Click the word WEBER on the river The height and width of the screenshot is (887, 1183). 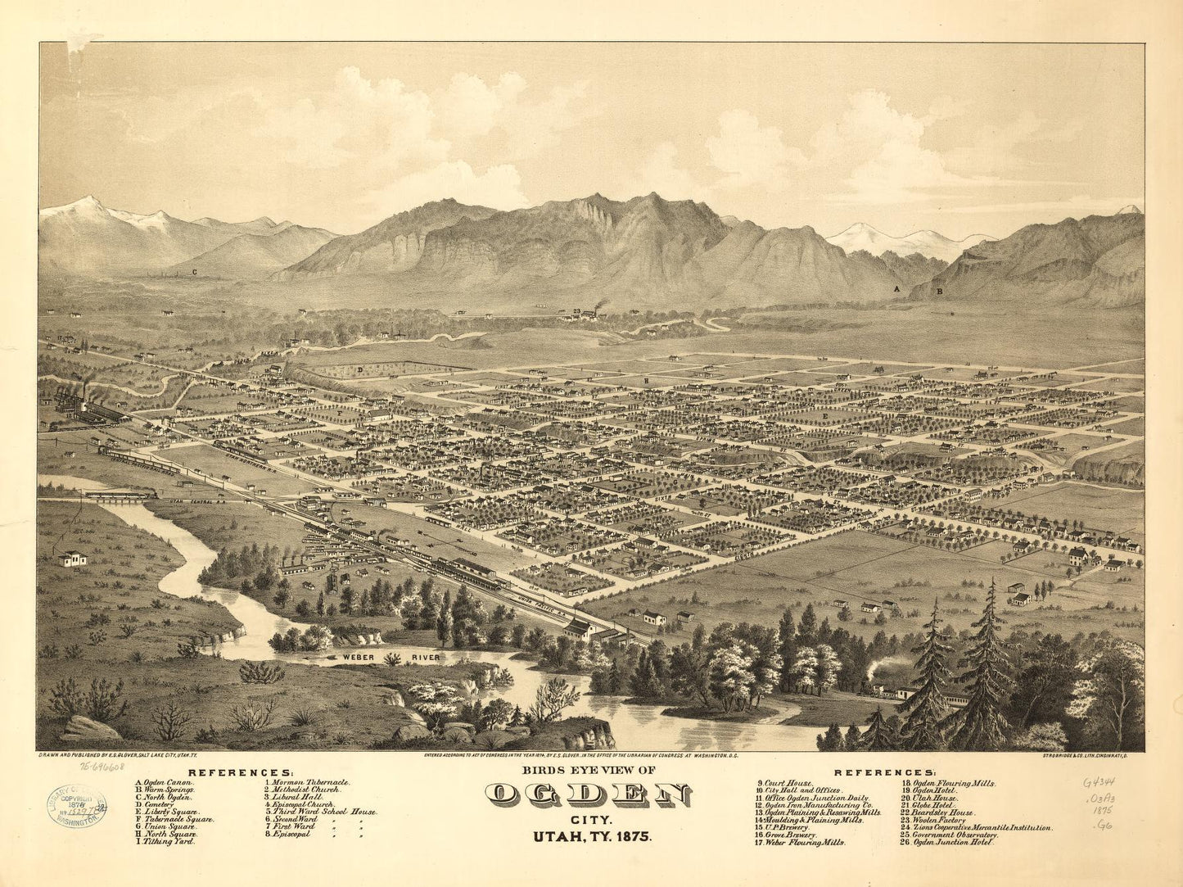pyautogui.click(x=350, y=657)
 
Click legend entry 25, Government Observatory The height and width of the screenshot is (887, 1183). pyautogui.click(x=950, y=834)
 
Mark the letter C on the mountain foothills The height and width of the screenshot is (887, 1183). pyautogui.click(x=195, y=269)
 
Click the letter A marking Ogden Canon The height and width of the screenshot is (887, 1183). pyautogui.click(x=897, y=290)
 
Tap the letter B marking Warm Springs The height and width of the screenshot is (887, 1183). pyautogui.click(x=940, y=290)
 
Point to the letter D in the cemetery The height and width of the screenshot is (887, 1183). pyautogui.click(x=359, y=371)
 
